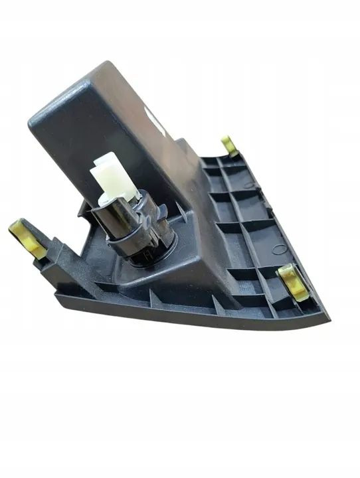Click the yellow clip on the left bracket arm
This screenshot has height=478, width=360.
point(27,238)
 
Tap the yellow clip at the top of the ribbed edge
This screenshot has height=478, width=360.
point(230,145)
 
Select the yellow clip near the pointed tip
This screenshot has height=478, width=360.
point(293,279)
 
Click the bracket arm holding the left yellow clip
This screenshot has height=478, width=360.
point(50,256)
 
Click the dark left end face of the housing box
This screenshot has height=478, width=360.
point(66,153)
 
